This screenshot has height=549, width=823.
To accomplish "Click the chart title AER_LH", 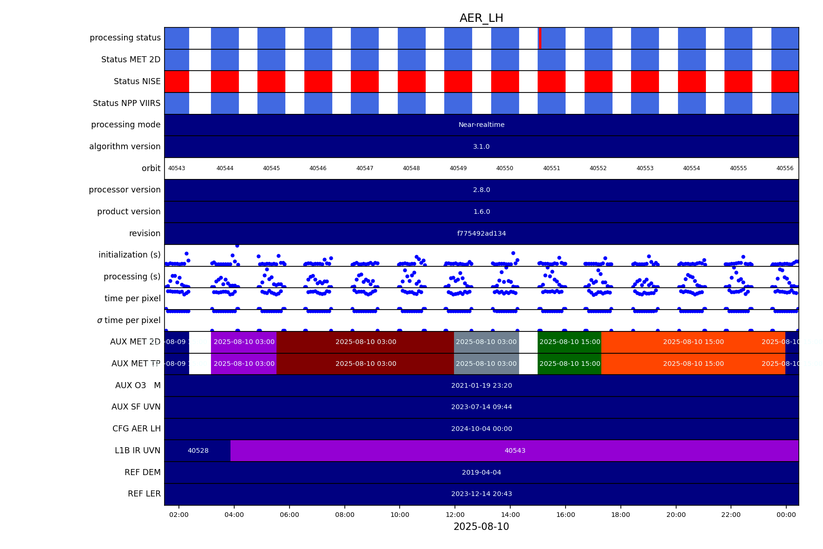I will coord(481,18).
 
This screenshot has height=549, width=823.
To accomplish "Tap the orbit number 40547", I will coord(365,168).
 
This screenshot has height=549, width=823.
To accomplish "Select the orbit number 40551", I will coord(552,168).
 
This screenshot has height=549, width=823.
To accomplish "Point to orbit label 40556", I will coord(785,168).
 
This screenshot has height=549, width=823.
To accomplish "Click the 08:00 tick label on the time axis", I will coord(344,515).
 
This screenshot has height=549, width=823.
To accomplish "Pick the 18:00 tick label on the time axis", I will coord(620,515).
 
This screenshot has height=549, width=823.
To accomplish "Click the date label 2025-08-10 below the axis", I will coord(481,527).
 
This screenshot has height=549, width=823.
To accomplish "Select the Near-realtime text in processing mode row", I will coord(481,125).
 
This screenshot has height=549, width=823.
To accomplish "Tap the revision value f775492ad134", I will coord(481,233).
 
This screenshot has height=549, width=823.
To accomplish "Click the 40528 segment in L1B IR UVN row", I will coord(198,450).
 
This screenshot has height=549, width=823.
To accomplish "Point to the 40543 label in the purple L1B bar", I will coord(515,450).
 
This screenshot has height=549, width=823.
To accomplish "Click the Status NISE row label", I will coord(137,81).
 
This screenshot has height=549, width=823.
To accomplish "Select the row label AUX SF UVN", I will coord(136,407).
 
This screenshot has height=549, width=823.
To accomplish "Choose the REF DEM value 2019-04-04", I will coord(481,472).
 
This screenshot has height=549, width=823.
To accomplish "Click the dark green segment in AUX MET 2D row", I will coord(569,342).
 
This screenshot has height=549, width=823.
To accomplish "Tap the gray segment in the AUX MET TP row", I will coord(486,364).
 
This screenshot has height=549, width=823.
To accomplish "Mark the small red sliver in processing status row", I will coord(540,38).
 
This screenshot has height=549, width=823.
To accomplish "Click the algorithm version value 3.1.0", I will coord(481,146).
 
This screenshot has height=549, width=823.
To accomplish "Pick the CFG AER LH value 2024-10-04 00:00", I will coord(481,429).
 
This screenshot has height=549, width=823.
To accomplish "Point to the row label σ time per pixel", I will coord(129,320).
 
